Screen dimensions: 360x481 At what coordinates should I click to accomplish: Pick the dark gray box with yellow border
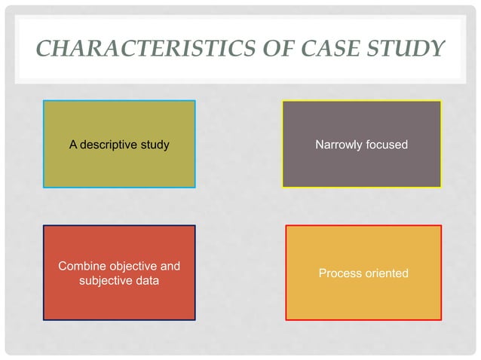point(361,166)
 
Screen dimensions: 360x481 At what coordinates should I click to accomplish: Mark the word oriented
point(387,273)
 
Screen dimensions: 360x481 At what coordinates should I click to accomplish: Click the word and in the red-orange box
point(170,267)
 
